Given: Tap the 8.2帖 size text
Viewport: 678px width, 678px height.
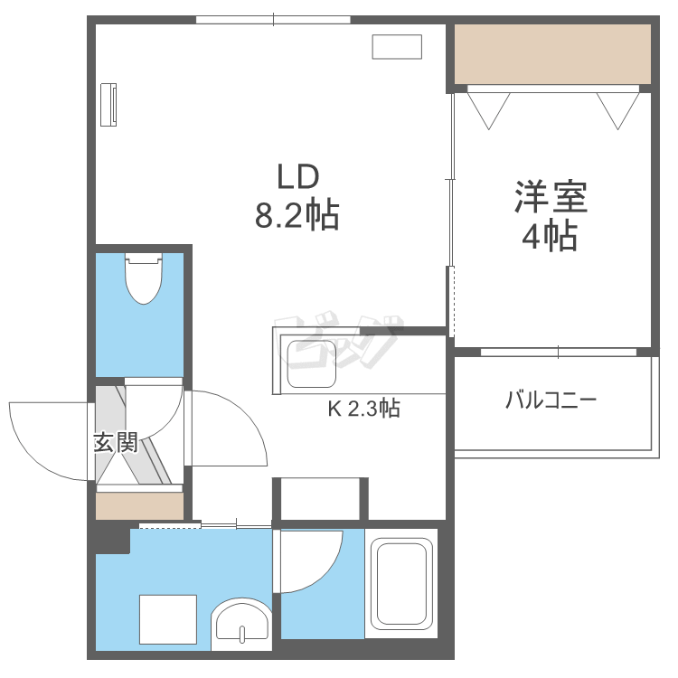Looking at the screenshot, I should pyautogui.click(x=297, y=216).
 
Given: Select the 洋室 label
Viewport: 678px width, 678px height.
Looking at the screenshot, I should pyautogui.click(x=551, y=198).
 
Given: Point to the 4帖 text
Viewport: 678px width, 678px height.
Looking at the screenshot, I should pyautogui.click(x=550, y=237).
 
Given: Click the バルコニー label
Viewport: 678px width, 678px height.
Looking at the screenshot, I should pyautogui.click(x=551, y=400).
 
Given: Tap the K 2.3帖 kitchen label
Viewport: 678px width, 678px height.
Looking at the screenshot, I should pyautogui.click(x=363, y=409).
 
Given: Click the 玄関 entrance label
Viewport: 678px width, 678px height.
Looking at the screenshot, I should pyautogui.click(x=116, y=443).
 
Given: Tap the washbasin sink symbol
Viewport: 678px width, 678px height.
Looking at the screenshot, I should pyautogui.click(x=240, y=626).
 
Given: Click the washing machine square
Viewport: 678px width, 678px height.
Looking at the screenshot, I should pyautogui.click(x=168, y=620).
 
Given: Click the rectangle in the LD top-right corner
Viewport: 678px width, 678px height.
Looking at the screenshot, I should pyautogui.click(x=397, y=47).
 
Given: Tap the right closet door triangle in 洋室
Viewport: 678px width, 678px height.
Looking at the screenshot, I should pyautogui.click(x=618, y=108).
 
